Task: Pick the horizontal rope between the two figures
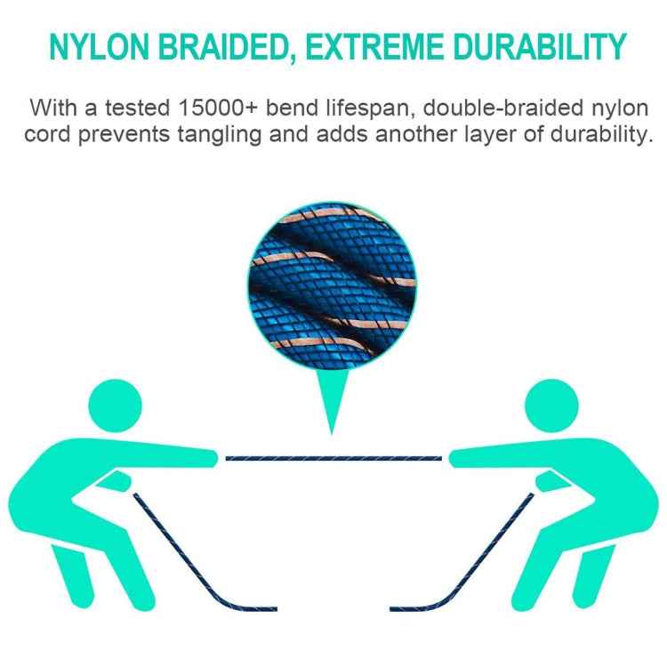click(x=333, y=457)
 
